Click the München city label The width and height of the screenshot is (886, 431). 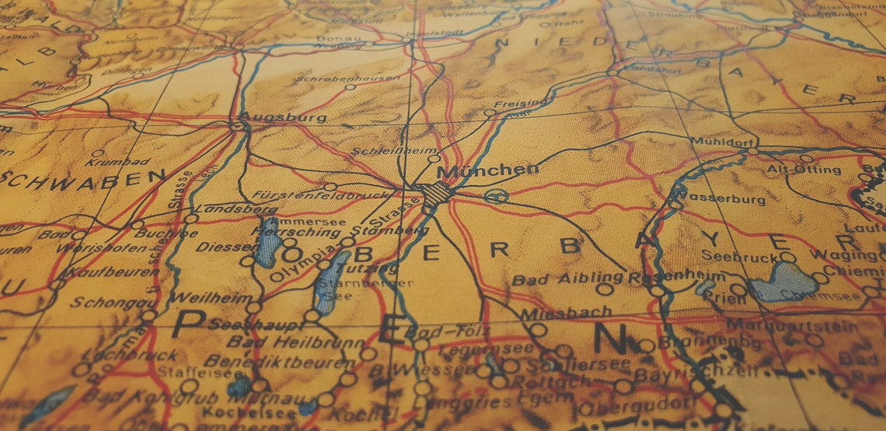click(487, 170)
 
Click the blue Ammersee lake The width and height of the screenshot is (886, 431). click(267, 243)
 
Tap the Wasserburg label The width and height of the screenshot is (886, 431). click(726, 199)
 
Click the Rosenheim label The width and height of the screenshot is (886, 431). click(676, 276)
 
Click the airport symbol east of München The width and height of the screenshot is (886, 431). click(495, 195)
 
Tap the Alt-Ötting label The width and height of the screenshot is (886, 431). click(804, 170)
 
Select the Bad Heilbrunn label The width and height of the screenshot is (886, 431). click(295, 342)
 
